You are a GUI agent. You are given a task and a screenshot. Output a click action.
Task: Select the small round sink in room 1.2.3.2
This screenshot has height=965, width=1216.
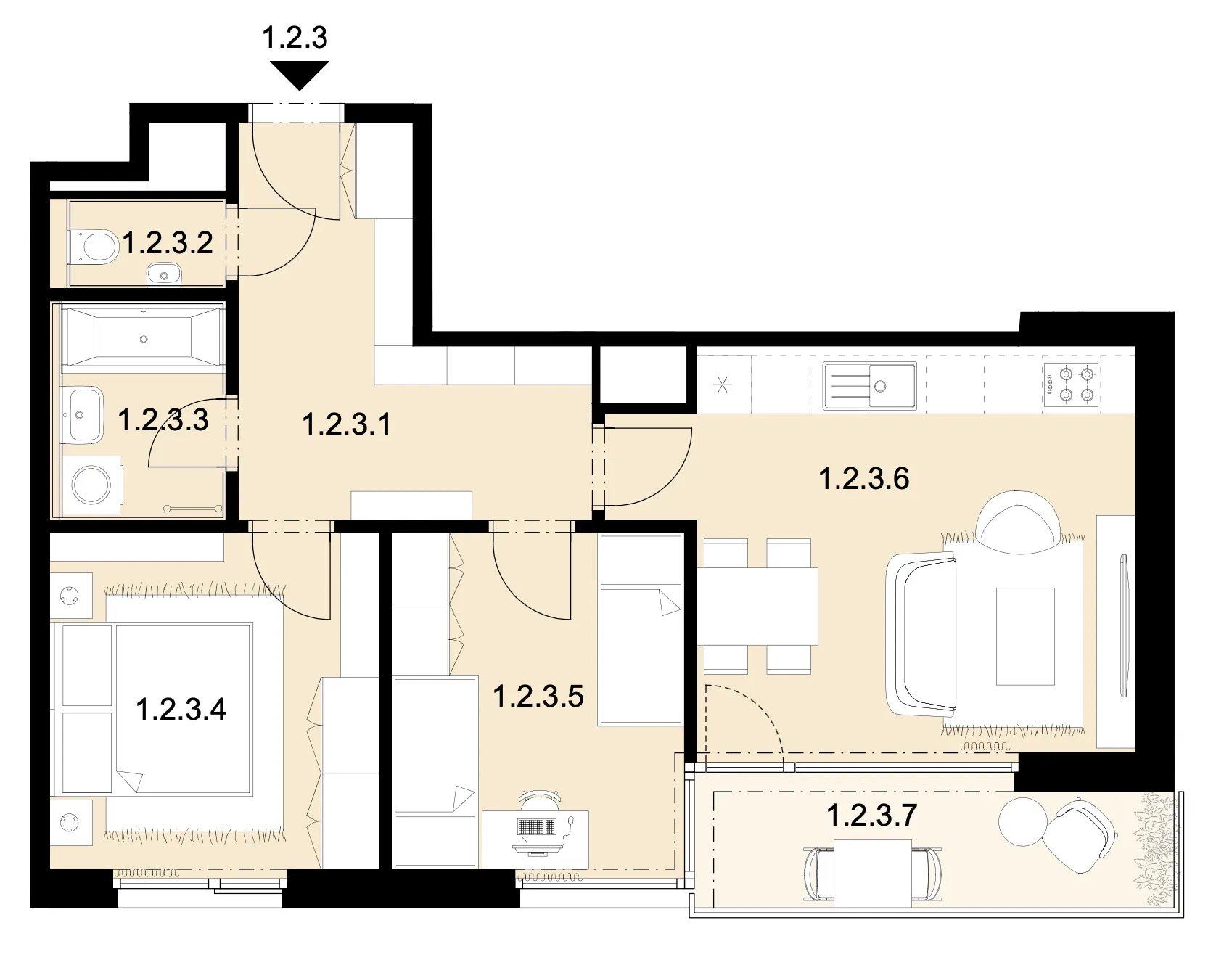(x=164, y=276)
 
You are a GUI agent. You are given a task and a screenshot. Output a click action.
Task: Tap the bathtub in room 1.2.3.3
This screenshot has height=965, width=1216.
(x=143, y=336)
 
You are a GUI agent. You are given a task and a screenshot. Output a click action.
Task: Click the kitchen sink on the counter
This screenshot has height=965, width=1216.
(x=869, y=385)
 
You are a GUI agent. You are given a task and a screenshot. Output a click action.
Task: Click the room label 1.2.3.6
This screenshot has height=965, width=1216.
(x=863, y=479)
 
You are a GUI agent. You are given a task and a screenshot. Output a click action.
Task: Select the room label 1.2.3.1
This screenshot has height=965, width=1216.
(x=346, y=424)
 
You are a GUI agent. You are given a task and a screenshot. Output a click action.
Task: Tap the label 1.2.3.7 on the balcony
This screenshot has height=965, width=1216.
(x=871, y=815)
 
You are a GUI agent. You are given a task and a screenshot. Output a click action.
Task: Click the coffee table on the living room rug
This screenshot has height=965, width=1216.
(x=1025, y=636)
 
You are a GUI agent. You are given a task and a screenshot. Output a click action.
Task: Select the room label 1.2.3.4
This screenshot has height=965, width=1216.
(x=181, y=709)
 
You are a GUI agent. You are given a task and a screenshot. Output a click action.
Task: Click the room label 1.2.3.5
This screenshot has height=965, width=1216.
(x=538, y=696)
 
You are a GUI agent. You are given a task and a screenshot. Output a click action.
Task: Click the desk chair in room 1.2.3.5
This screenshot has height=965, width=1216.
(x=541, y=799)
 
